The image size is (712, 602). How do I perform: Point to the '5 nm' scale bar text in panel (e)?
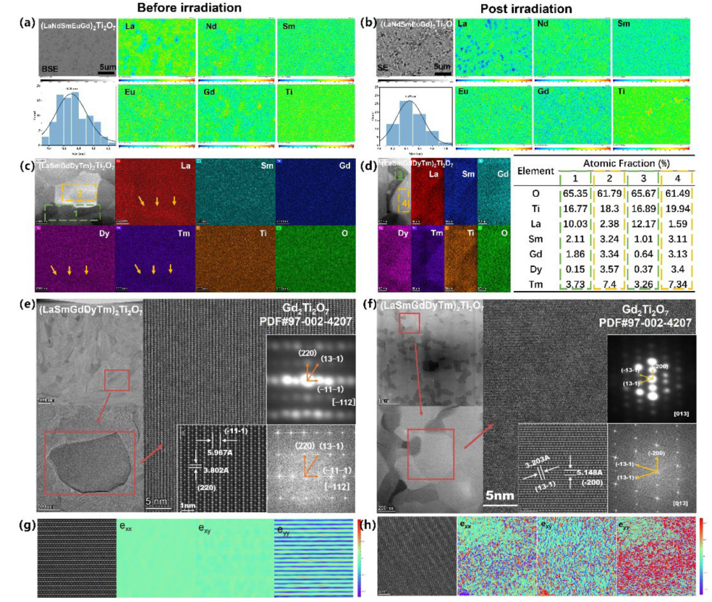[158, 500]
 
